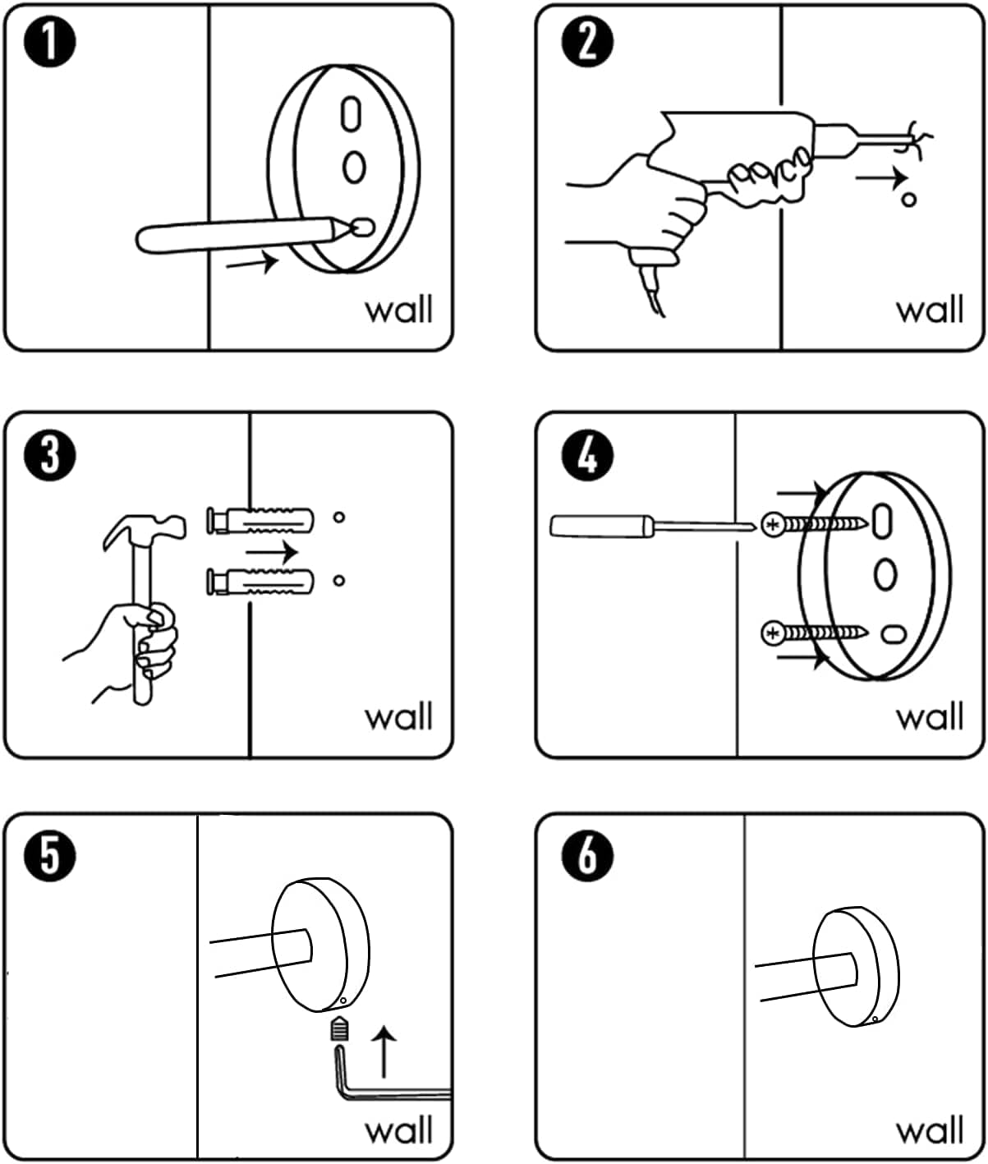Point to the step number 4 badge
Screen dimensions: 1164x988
[586, 454]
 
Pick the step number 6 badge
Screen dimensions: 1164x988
[586, 855]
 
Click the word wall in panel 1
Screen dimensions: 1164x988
[398, 311]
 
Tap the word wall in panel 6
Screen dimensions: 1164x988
[929, 1130]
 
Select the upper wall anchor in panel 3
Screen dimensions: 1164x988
[260, 520]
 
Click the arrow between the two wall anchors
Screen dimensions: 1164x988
[272, 551]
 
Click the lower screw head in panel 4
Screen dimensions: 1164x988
[773, 633]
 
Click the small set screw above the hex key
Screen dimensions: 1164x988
[340, 1028]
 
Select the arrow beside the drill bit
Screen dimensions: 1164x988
[881, 177]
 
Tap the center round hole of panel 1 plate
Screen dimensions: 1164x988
[354, 167]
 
